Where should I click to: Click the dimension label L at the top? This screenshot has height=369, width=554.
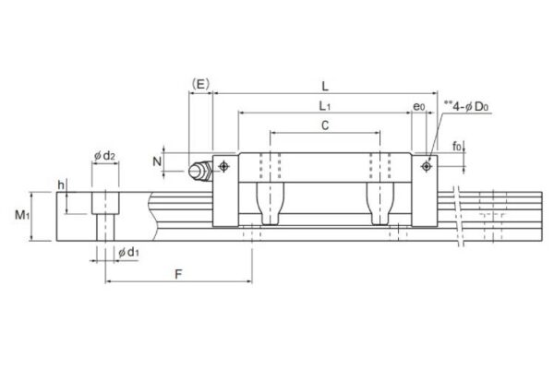[x=325, y=86]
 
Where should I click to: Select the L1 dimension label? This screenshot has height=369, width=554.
[x=325, y=107]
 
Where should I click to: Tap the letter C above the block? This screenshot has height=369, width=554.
[x=325, y=125]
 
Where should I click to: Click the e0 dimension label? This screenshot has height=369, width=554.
[x=419, y=107]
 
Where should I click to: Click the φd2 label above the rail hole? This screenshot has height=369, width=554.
[x=105, y=156]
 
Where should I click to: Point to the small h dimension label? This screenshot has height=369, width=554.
[x=61, y=185]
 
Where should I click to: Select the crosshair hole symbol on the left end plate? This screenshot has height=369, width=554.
[x=223, y=165]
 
